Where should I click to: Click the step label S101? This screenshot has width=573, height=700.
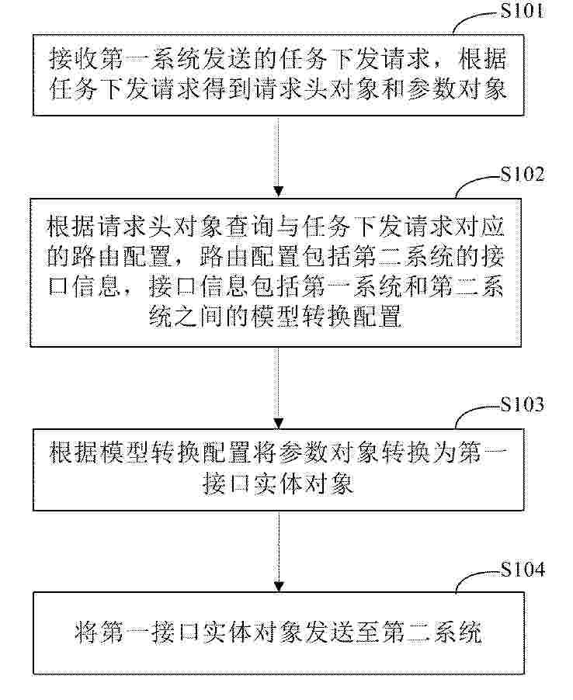[522, 10]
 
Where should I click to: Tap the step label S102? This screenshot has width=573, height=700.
[523, 174]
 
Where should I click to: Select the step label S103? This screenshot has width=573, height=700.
[522, 404]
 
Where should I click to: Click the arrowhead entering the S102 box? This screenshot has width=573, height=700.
[279, 192]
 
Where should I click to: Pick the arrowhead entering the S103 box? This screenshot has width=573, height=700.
[279, 422]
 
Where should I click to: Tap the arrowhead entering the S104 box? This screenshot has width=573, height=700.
[279, 586]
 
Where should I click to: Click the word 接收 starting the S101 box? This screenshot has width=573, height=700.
[74, 59]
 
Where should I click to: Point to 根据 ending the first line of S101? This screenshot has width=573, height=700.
[482, 59]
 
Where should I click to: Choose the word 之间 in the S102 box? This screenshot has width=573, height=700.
[200, 315]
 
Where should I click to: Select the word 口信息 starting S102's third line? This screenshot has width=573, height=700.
[85, 286]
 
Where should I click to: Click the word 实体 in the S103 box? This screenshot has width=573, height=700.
[279, 484]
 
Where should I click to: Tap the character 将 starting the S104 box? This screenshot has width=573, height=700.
[86, 632]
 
